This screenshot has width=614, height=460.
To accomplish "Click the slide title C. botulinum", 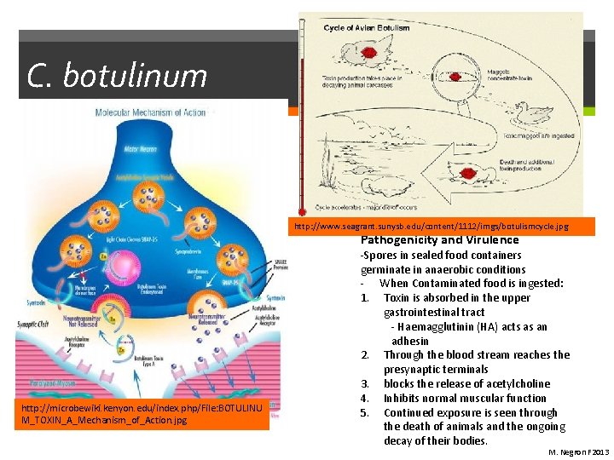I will point(118,76).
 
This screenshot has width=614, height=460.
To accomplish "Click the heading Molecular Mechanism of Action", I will point(155,112).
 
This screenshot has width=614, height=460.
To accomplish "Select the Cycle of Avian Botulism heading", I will point(369,28).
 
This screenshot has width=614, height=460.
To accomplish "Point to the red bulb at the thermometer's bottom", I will point(302,210).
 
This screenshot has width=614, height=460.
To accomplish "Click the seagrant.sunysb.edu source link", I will point(442,227).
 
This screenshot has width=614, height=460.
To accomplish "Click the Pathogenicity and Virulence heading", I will point(439,240).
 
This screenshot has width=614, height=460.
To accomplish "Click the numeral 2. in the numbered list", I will point(365,355).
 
